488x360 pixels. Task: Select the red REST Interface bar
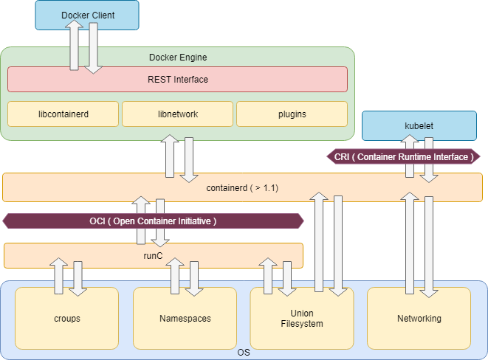[177, 80]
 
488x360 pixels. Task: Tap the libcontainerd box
[63, 114]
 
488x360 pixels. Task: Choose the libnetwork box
[178, 114]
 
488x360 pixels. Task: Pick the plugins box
[292, 114]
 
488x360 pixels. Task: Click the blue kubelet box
[419, 125]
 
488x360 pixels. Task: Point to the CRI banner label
[403, 156]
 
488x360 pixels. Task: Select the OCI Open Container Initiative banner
[153, 221]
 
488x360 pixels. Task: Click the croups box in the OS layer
[66, 319]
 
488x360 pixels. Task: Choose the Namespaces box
[185, 319]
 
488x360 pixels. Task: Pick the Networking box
[419, 319]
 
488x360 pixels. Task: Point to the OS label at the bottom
[244, 353]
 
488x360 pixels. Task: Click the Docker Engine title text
[178, 57]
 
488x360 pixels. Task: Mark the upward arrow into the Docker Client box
[75, 44]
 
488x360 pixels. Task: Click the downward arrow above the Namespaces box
[193, 277]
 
